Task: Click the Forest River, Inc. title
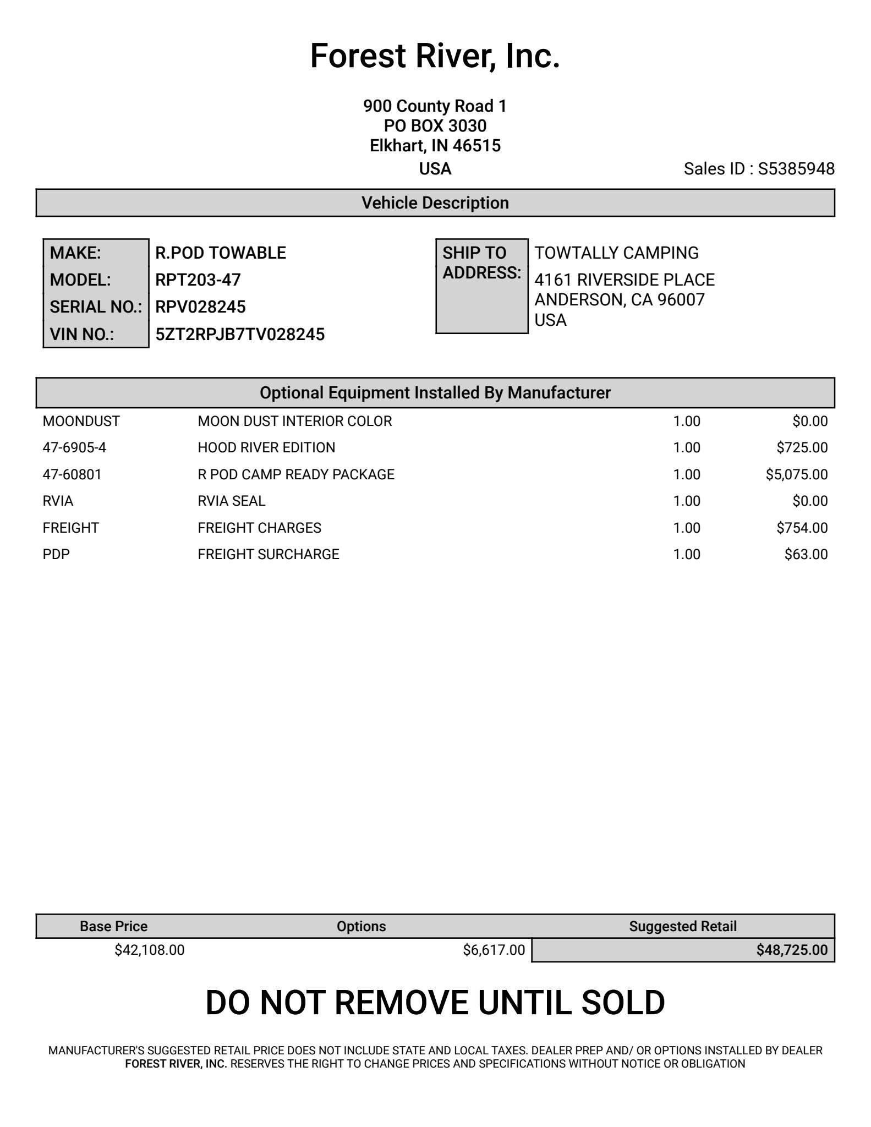click(x=435, y=56)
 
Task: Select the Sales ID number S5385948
click(x=796, y=169)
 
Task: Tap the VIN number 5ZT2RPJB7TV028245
click(x=240, y=335)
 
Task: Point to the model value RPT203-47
click(x=198, y=280)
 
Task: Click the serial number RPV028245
click(x=200, y=307)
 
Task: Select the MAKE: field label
click(x=75, y=253)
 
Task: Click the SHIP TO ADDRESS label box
click(x=481, y=286)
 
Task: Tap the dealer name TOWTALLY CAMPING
click(x=616, y=253)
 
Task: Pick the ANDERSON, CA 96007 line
click(x=620, y=300)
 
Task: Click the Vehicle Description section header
click(x=435, y=203)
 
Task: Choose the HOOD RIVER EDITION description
click(x=266, y=448)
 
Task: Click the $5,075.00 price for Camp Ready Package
click(x=796, y=474)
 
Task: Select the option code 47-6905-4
click(x=74, y=448)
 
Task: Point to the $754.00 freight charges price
click(x=802, y=528)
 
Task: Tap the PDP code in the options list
click(x=56, y=554)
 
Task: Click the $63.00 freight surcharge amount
click(x=806, y=554)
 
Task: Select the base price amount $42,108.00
click(x=150, y=950)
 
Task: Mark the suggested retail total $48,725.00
click(x=791, y=950)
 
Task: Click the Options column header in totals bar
click(x=361, y=926)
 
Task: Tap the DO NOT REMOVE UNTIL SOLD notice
click(x=435, y=1003)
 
